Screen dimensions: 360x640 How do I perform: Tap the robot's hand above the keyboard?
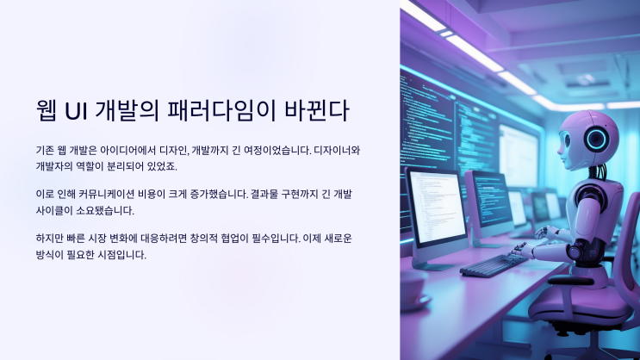click(x=544, y=233)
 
